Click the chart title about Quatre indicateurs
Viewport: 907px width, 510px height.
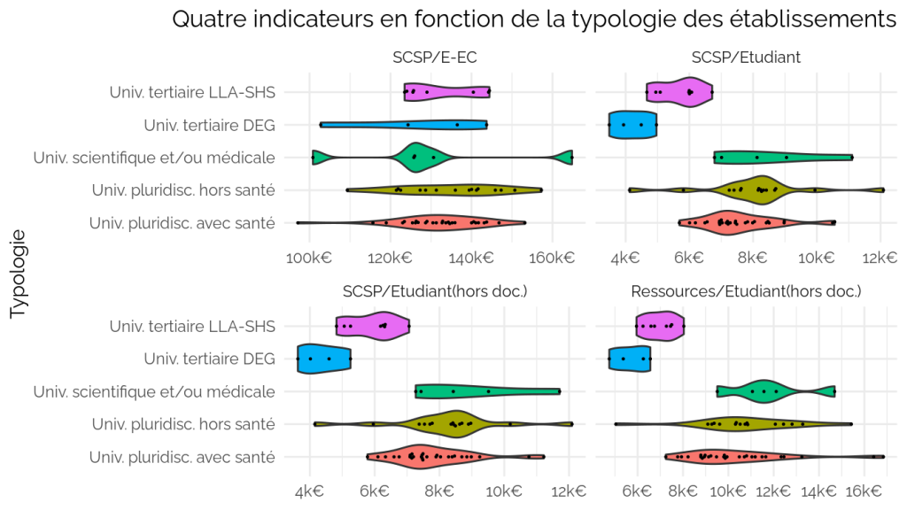(x=534, y=19)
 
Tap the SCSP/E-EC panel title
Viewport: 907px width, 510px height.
(x=434, y=58)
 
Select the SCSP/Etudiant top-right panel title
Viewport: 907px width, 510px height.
(x=746, y=58)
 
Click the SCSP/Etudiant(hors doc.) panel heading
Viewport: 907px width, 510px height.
(x=434, y=290)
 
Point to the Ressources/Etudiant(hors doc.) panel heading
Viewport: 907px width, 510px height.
(x=746, y=290)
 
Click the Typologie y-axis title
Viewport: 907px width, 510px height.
(x=19, y=274)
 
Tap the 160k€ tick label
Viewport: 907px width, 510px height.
(x=552, y=258)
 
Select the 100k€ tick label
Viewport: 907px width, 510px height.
(x=309, y=258)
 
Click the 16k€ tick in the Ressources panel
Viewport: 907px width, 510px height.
(x=863, y=491)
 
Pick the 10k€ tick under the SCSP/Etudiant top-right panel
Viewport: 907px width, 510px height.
(x=816, y=258)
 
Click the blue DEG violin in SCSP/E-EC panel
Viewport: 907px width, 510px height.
(x=403, y=125)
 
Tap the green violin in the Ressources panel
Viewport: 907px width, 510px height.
(x=776, y=391)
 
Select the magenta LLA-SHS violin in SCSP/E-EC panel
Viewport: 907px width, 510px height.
(x=447, y=92)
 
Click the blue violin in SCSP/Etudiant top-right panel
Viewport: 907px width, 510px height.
(x=632, y=124)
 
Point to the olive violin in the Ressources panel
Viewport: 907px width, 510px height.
(x=733, y=424)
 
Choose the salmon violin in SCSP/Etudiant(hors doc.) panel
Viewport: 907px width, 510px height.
(x=456, y=457)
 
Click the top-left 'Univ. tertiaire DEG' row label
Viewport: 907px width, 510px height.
(x=209, y=125)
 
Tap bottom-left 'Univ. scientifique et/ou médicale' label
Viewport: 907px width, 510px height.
(x=154, y=391)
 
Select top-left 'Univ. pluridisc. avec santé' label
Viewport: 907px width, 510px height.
(x=182, y=223)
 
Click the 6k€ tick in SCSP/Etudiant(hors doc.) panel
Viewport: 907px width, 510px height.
(x=375, y=491)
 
